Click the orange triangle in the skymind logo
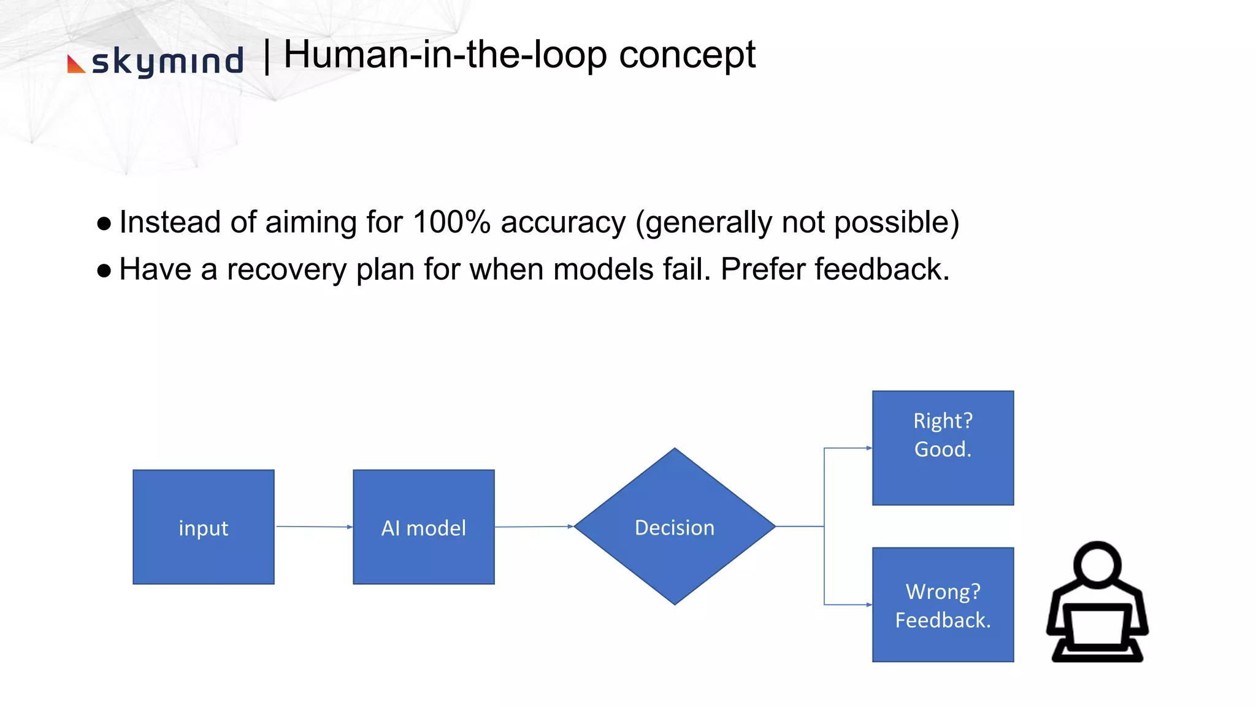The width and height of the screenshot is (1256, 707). click(x=75, y=65)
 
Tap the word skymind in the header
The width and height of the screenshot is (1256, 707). click(x=167, y=62)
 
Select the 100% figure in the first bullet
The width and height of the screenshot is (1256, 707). click(x=451, y=222)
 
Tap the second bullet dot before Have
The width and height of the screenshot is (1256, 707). click(x=104, y=271)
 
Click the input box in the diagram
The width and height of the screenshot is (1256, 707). click(x=204, y=527)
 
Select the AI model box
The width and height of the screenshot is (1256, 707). click(x=424, y=527)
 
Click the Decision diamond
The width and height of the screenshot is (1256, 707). click(x=675, y=527)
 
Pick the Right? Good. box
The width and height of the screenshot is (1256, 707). click(x=943, y=448)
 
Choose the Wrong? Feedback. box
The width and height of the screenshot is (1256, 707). click(x=943, y=605)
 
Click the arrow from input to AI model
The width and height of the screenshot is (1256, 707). click(x=313, y=527)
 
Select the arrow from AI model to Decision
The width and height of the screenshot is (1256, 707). click(x=532, y=527)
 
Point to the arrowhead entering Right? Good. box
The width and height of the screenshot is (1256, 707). click(x=868, y=448)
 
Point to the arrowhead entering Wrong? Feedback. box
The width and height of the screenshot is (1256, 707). click(x=868, y=605)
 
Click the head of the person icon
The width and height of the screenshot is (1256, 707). click(x=1097, y=562)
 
